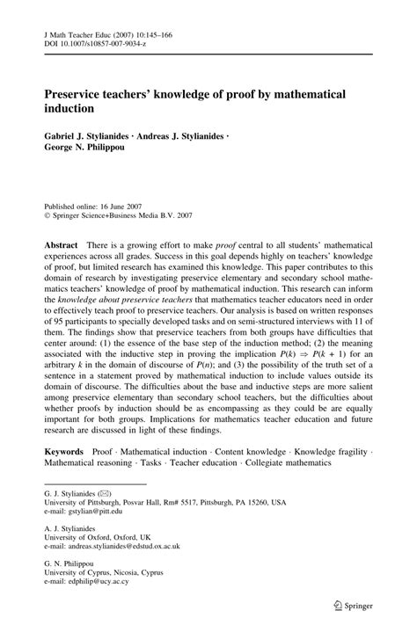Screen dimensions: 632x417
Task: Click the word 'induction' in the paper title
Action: point(73,109)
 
